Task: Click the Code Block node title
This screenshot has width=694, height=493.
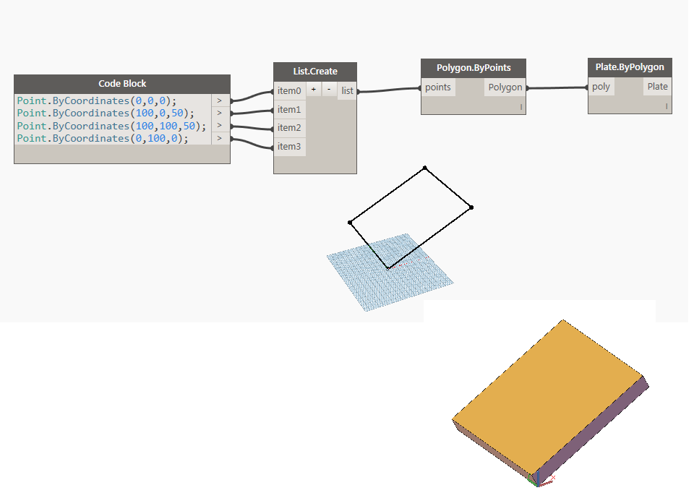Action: tap(121, 83)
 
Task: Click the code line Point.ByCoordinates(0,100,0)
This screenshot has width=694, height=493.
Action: tap(102, 138)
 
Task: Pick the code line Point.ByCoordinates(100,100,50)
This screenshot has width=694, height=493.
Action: tap(111, 126)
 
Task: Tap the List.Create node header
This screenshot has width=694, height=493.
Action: tap(314, 72)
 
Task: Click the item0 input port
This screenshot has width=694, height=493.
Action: tap(288, 91)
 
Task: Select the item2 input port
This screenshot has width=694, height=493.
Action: tap(288, 128)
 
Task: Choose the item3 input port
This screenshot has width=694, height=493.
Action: tap(288, 147)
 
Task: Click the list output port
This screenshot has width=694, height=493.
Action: tap(348, 91)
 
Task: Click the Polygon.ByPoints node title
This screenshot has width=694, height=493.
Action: tap(473, 68)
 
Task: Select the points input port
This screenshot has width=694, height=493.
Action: tap(438, 87)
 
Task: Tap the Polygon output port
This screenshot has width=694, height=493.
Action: tap(505, 87)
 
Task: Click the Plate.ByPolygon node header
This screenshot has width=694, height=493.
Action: tap(630, 67)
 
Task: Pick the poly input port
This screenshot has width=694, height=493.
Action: tap(601, 87)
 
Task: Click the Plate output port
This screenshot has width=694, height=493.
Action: tap(657, 87)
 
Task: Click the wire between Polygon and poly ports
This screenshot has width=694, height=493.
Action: tap(557, 88)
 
